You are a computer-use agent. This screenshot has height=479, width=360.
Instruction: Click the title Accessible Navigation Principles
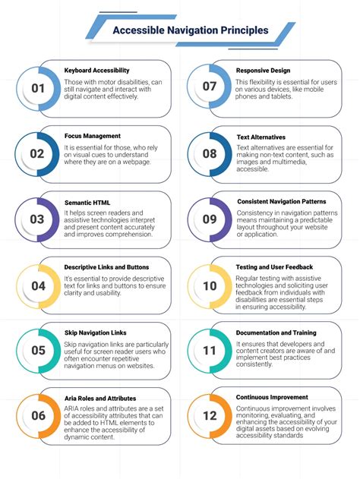(190, 31)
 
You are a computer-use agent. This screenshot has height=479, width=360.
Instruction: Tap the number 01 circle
(38, 88)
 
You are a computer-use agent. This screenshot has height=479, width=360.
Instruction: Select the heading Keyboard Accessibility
(97, 71)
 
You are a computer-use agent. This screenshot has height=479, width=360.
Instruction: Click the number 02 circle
(38, 153)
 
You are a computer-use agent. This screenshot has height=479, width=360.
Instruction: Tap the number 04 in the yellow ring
(38, 285)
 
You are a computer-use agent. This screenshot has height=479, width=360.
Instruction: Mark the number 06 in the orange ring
(38, 416)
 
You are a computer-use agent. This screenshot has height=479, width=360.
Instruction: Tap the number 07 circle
(210, 88)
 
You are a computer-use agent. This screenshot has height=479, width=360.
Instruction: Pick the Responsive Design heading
(264, 71)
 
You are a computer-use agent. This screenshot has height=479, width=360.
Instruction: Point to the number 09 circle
(210, 219)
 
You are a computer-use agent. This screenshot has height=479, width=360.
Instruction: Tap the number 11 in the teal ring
(210, 351)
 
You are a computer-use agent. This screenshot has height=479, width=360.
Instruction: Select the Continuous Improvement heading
(272, 398)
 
